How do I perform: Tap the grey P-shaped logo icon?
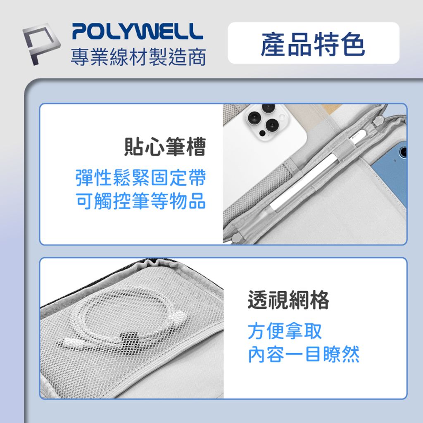pyautogui.click(x=41, y=44)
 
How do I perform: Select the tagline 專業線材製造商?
pyautogui.click(x=138, y=57)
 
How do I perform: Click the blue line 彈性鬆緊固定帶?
pyautogui.click(x=140, y=178)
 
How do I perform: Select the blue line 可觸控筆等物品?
pyautogui.click(x=140, y=201)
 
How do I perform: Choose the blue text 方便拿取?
pyautogui.click(x=285, y=331)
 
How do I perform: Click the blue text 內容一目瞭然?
pyautogui.click(x=304, y=354)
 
